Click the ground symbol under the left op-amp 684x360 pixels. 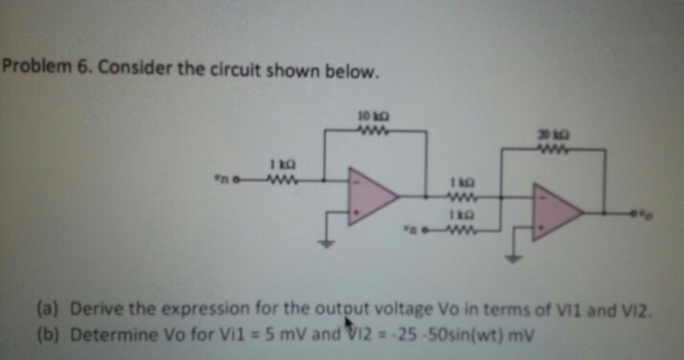coord(331,240)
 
